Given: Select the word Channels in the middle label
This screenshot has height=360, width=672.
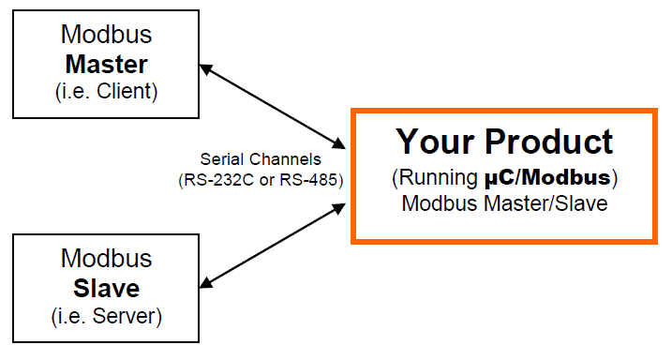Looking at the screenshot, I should [x=284, y=159].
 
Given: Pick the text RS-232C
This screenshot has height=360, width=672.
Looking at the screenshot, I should [x=215, y=179].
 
